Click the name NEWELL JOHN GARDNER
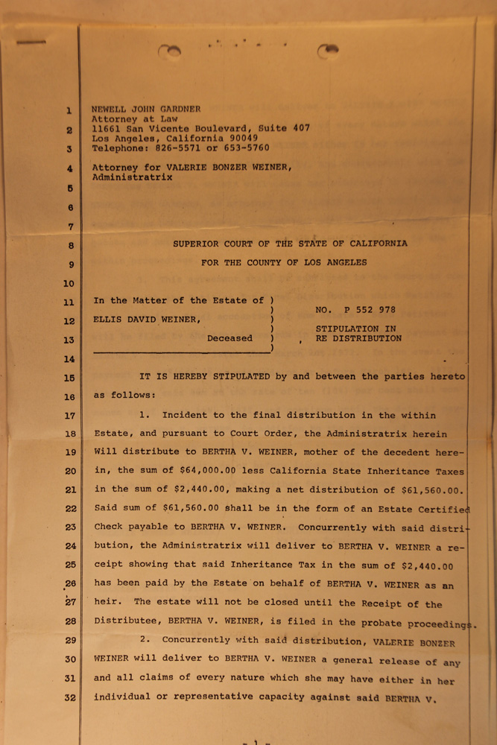pos(146,109)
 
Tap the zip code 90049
pos(241,138)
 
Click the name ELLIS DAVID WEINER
pos(147,320)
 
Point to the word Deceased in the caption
pos(229,338)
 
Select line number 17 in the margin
pos(69,416)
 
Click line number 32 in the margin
pos(69,697)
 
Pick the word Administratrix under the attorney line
pos(132,178)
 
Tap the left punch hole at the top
pos(170,51)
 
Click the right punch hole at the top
pos(327,50)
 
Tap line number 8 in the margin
pos(69,245)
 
